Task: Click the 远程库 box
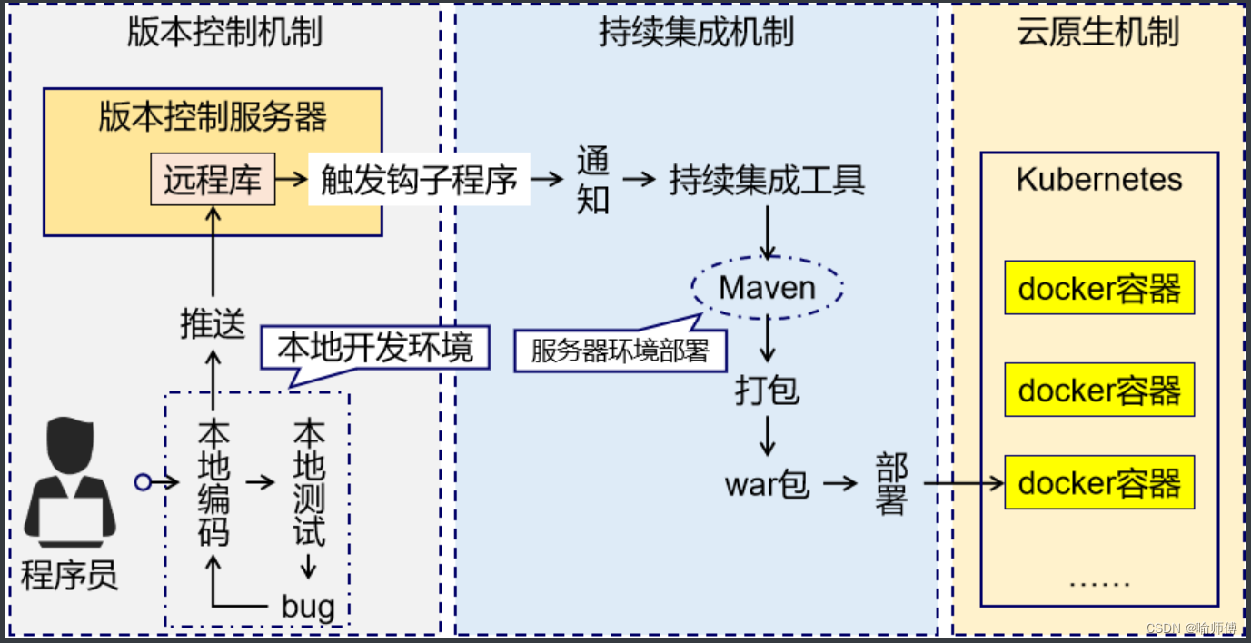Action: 213,179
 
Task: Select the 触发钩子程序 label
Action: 419,180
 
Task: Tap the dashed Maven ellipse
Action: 768,288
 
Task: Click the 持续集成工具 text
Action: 768,180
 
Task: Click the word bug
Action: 308,606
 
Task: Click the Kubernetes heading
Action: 1099,179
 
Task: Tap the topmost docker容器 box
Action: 1099,288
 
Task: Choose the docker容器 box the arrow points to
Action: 1099,482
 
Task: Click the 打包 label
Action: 768,390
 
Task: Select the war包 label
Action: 767,484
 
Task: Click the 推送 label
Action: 213,324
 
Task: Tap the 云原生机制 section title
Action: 1099,33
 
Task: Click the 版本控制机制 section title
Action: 224,33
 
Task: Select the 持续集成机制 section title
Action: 696,33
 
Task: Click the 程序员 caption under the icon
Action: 70,575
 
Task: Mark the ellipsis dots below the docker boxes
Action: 1099,582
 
